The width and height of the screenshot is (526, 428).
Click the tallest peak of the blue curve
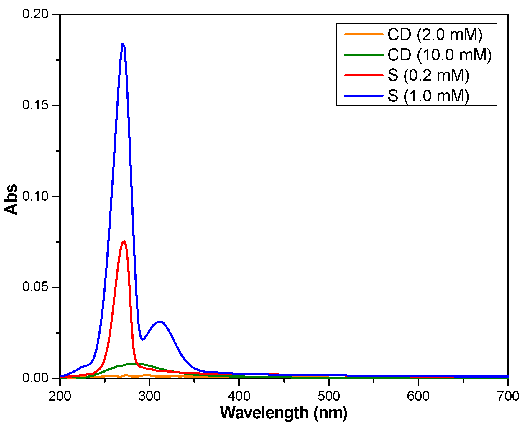123,44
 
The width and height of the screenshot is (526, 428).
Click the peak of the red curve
124,241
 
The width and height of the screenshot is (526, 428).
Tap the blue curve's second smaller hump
160,322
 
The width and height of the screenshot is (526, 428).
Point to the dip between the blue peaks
142,339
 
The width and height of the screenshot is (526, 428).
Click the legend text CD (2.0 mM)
435,35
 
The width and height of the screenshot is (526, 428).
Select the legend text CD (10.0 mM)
440,55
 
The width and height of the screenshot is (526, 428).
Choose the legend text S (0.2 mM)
428,75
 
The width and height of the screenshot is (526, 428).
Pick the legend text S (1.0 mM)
428,96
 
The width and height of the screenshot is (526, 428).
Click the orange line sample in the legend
364,35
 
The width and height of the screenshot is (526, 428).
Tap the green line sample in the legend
364,55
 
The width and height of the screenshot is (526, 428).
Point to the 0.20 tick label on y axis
35,14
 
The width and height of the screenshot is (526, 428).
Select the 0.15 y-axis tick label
35,105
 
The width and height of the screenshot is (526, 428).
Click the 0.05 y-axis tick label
35,287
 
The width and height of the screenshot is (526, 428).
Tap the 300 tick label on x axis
149,396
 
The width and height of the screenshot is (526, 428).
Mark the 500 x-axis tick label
329,396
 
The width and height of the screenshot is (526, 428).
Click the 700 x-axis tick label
508,396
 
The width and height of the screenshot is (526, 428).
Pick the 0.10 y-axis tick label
35,196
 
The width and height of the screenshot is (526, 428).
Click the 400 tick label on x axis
239,396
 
